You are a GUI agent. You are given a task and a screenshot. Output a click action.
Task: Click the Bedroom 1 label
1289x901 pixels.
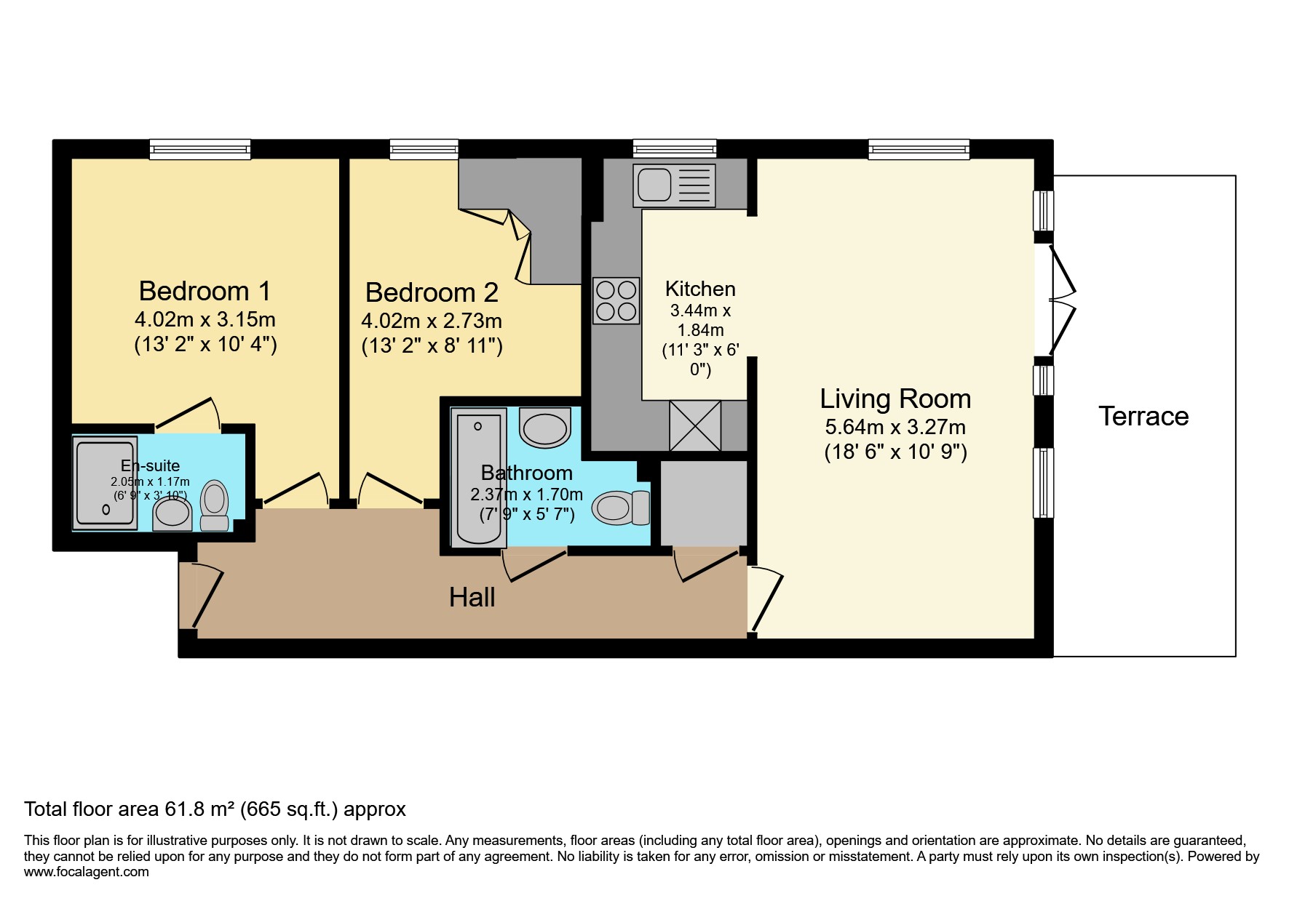[x=205, y=291]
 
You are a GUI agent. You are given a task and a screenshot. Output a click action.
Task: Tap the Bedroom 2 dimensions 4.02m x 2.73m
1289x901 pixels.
[x=432, y=321]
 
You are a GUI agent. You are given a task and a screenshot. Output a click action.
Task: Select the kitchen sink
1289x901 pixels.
[x=675, y=183]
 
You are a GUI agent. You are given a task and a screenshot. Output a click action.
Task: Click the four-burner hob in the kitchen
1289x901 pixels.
[x=616, y=300]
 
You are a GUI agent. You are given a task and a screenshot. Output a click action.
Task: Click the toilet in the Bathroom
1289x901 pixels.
[x=621, y=508]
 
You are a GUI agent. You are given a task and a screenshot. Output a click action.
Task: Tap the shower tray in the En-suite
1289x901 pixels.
[x=106, y=481]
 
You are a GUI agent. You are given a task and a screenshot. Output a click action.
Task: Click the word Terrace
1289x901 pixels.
[x=1143, y=416]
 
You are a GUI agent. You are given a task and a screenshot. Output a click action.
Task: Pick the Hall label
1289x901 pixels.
[x=472, y=597]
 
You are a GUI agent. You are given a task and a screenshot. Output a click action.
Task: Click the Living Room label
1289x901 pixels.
[x=895, y=399]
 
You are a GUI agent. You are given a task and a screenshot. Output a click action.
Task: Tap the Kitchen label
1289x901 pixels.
[x=700, y=289]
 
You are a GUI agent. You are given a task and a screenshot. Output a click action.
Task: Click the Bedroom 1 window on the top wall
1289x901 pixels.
[x=200, y=149]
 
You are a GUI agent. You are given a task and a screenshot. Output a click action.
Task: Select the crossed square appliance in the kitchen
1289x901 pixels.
[x=695, y=425]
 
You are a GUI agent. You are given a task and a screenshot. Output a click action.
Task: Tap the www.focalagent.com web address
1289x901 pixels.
[x=87, y=871]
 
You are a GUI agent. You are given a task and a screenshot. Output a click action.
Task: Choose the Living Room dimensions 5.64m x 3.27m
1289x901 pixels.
[x=895, y=427]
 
